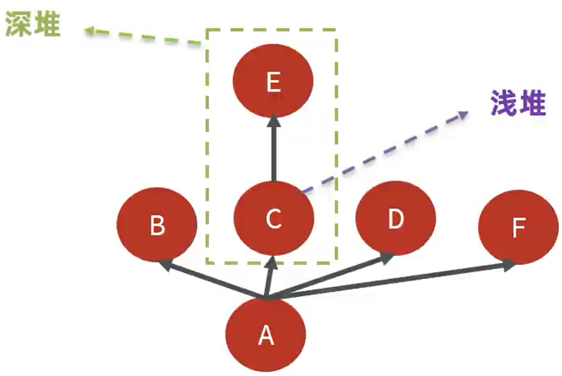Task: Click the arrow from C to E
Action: [274, 152]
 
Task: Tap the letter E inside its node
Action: [273, 83]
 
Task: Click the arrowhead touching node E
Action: [274, 122]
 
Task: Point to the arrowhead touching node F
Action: [509, 265]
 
